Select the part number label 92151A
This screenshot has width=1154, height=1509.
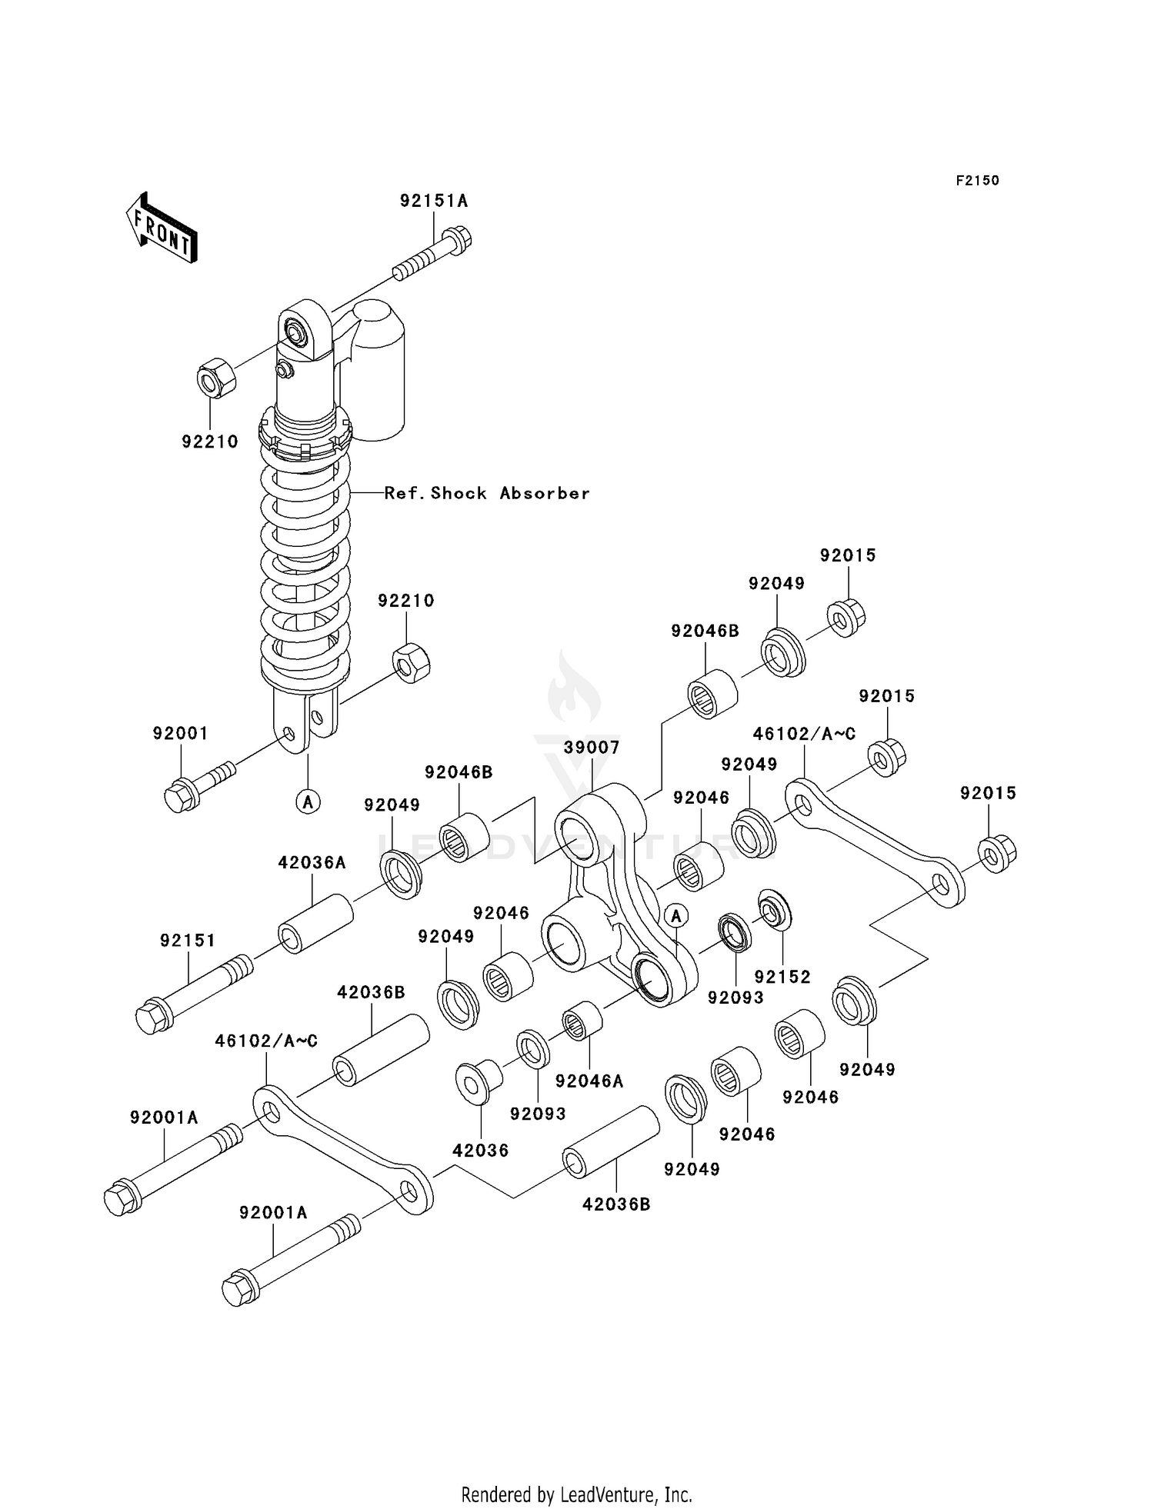[x=433, y=202]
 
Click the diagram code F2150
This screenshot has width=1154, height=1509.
[x=977, y=181]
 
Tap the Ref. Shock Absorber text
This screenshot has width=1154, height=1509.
[x=487, y=494]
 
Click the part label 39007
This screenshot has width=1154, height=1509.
[x=591, y=748]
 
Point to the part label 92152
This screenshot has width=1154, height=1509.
[x=782, y=977]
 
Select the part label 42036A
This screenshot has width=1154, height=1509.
[x=312, y=863]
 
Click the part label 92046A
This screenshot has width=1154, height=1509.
[x=589, y=1081]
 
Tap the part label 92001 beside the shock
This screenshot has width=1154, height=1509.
[x=180, y=734]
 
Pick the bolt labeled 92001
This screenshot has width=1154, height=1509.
[x=196, y=783]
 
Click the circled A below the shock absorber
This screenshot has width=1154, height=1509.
[x=308, y=802]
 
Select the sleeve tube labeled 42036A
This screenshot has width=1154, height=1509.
[x=315, y=924]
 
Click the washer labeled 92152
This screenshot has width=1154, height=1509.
[x=774, y=908]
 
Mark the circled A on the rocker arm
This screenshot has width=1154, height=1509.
[x=676, y=916]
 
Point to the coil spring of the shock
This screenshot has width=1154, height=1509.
[x=305, y=569]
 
